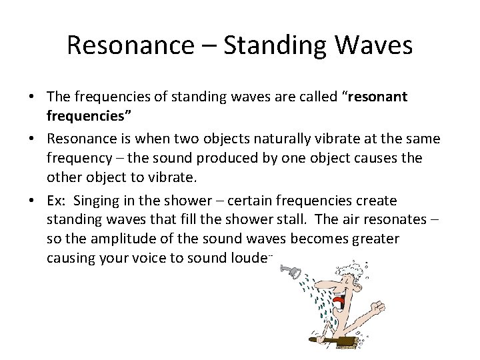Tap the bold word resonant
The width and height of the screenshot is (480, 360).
point(375,97)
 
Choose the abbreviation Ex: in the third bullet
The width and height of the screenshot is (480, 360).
point(57,201)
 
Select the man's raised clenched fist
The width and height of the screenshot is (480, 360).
point(377,307)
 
